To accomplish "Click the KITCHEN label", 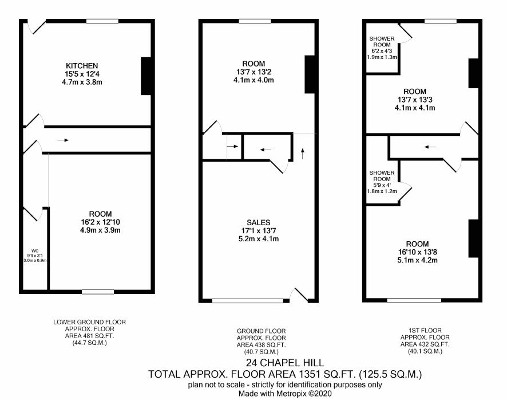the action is pos(82,66).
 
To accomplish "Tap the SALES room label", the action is pos(258,222).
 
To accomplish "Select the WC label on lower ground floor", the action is pos(35,251).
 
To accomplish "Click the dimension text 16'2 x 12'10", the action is pos(101,222).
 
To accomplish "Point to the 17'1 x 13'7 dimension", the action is pos(258,230).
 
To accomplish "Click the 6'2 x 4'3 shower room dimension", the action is pos(382,51).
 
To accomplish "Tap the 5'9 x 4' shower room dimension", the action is pos(382,185).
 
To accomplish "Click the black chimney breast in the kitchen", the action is pos(146,76).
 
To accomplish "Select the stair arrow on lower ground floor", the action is pos(63,140).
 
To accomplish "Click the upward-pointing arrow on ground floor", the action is pos(303,154).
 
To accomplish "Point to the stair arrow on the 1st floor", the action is pos(430,147).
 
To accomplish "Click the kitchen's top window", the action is pos(102,21).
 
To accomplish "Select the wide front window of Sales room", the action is pos(248,301).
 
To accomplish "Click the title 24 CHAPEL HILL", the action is pos(285,362).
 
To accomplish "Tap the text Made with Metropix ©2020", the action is pos(285,394).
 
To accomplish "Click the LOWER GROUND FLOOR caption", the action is pos(90,322).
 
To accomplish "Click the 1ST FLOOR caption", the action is pos(425,330).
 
